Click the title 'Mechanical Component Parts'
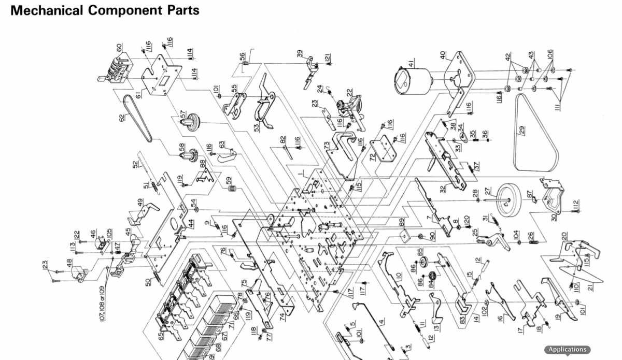pos(105,10)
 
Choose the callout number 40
pos(443,54)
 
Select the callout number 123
pos(46,266)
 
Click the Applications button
pos(567,350)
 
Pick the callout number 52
pos(135,165)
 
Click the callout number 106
pos(550,54)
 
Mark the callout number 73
pos(327,146)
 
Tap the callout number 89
pos(402,222)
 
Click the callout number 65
pos(161,336)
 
